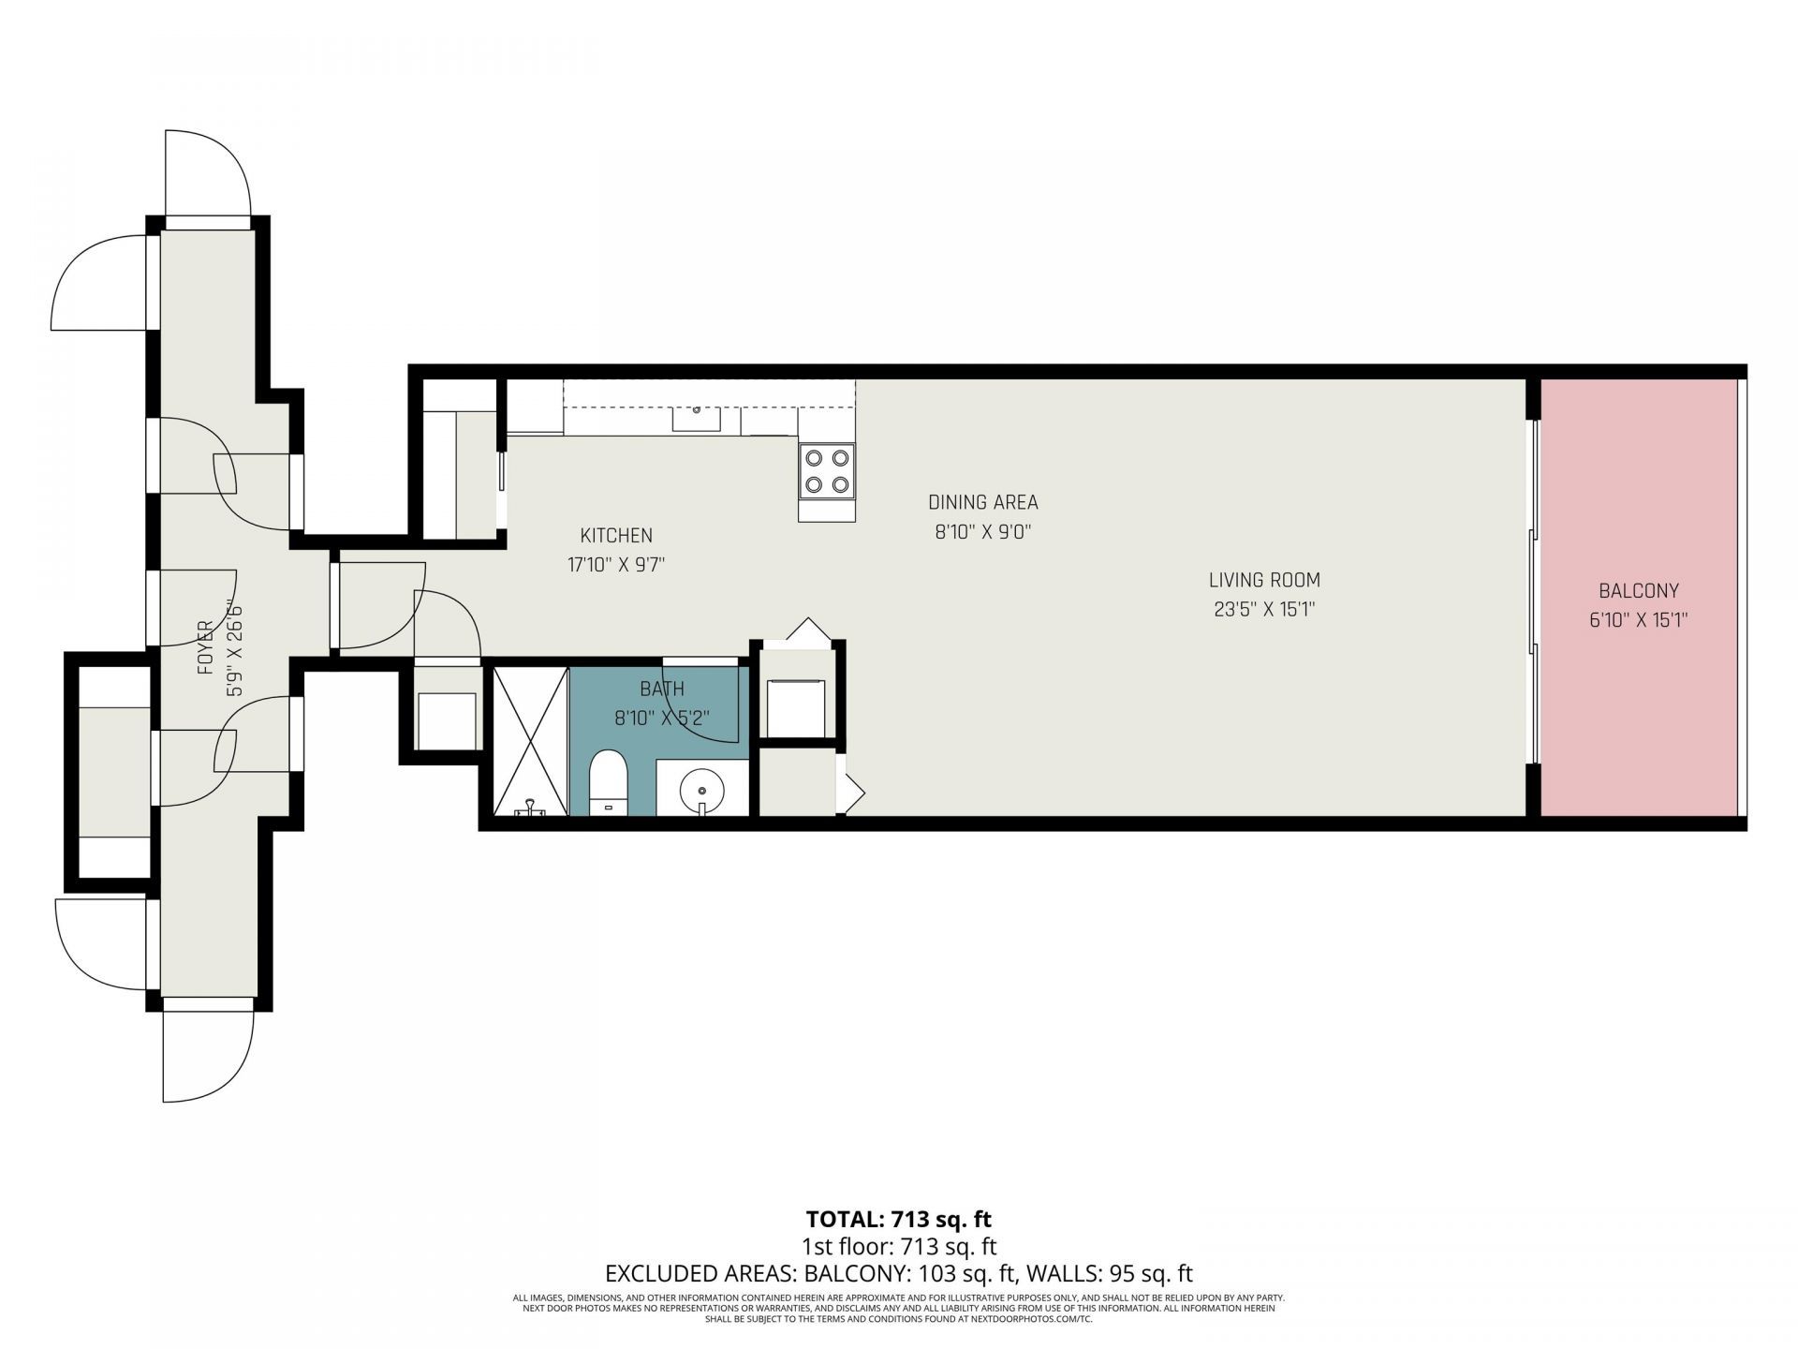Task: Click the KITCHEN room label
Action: pyautogui.click(x=615, y=536)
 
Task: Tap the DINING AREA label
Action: pyautogui.click(x=982, y=502)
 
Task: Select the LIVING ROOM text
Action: pyautogui.click(x=1263, y=580)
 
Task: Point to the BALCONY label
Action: pyautogui.click(x=1638, y=591)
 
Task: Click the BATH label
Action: pyautogui.click(x=661, y=689)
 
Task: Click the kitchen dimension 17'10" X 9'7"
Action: pyautogui.click(x=615, y=565)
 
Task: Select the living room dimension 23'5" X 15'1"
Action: pyautogui.click(x=1263, y=610)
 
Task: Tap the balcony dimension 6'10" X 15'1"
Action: pyautogui.click(x=1638, y=620)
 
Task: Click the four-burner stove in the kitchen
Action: pyautogui.click(x=827, y=471)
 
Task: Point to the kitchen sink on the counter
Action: pyautogui.click(x=696, y=419)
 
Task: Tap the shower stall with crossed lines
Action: pyautogui.click(x=530, y=740)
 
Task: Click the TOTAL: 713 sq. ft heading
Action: pyautogui.click(x=898, y=1219)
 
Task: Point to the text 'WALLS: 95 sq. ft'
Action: pyautogui.click(x=1110, y=1274)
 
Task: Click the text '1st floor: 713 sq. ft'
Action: pyautogui.click(x=898, y=1247)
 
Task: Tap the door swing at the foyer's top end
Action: pyautogui.click(x=208, y=173)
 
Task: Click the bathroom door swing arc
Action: pyautogui.click(x=702, y=703)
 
